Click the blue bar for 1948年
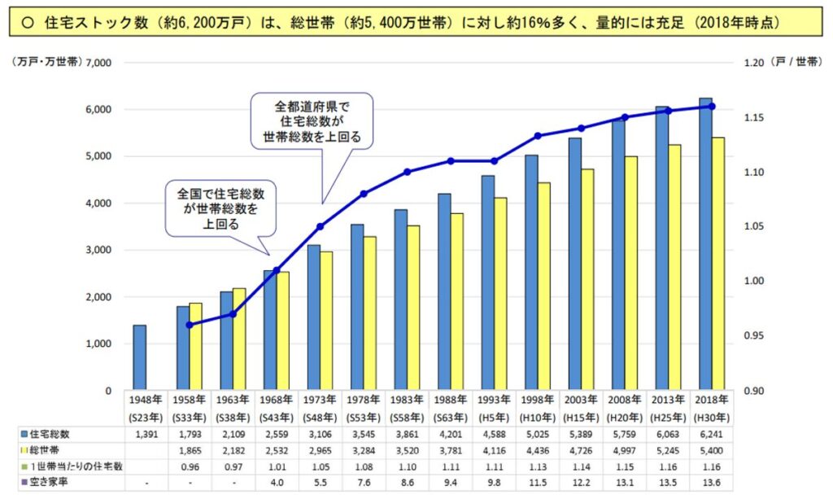click(x=140, y=358)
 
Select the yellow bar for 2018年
click(x=718, y=264)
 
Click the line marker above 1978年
click(x=364, y=193)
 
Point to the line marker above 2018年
click(x=712, y=107)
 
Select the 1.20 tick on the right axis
click(x=756, y=63)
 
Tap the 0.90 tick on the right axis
click(x=756, y=391)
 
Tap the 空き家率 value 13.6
click(x=711, y=482)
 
